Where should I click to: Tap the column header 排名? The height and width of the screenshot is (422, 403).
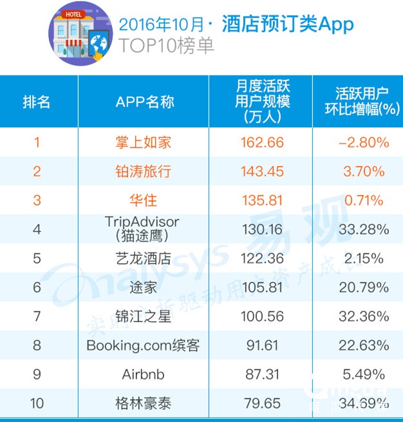37,102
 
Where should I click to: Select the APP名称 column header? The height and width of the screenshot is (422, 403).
145,102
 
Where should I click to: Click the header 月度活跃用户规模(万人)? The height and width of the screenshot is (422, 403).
262,101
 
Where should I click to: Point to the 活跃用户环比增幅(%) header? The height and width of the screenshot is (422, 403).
358,101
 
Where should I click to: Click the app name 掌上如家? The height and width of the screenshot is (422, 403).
143,142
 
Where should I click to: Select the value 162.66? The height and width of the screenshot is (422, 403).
262,142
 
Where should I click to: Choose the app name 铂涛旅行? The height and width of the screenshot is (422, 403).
143,171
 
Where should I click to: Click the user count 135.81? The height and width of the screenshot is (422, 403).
262,200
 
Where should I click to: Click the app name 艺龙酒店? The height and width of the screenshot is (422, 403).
143,258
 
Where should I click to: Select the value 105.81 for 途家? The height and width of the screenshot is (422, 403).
262,287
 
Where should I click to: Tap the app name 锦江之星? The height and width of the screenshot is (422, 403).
143,316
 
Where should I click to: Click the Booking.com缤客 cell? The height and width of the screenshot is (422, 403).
143,345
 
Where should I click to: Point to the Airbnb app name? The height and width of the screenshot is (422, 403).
143,374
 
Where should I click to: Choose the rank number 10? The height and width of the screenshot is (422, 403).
37,403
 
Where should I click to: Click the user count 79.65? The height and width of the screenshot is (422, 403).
262,403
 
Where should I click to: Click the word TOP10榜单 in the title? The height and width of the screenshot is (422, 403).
166,46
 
